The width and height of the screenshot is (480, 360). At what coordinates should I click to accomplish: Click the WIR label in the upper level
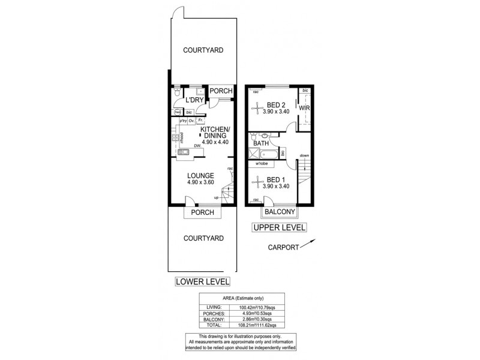point(304,109)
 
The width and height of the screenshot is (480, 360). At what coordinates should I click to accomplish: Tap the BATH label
point(260,143)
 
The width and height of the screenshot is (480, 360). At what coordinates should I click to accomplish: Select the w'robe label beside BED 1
point(262,163)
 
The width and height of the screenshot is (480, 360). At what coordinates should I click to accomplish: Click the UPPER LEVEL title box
point(279,227)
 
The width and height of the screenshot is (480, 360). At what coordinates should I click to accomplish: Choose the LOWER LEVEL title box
point(202,281)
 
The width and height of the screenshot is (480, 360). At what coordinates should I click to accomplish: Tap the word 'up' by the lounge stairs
point(216,197)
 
